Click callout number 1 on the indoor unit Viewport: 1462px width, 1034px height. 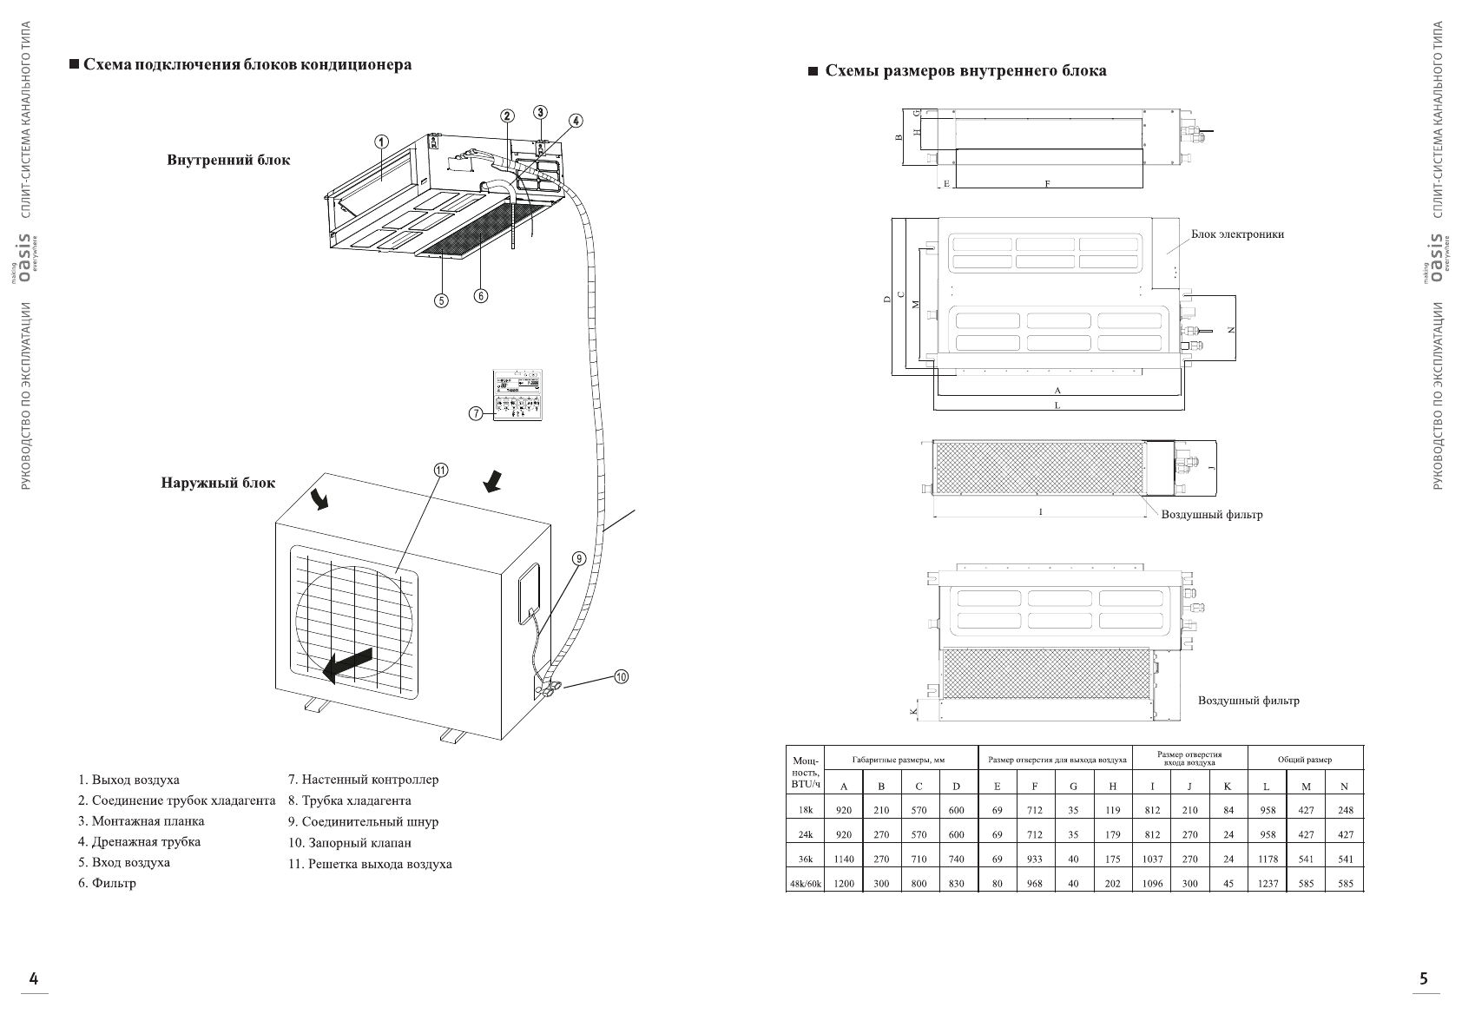380,142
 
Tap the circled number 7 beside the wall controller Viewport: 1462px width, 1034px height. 476,413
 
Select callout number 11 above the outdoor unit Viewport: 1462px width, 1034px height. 440,470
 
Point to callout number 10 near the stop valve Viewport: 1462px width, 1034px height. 621,676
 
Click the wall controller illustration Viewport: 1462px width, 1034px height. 518,397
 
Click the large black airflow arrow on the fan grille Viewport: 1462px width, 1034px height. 346,663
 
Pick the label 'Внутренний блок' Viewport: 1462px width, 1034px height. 228,161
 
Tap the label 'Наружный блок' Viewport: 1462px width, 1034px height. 217,483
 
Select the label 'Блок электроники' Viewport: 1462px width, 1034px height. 1237,234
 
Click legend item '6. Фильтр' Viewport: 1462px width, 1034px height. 107,883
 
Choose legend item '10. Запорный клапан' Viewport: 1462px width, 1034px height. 349,842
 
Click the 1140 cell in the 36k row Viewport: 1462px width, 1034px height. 843,859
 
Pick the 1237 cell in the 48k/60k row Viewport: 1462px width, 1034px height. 1267,884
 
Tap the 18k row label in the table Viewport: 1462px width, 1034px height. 805,810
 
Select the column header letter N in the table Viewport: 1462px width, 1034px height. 1344,787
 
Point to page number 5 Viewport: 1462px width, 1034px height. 1423,979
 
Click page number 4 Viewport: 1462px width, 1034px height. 34,979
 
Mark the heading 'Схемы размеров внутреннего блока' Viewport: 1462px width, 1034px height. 965,71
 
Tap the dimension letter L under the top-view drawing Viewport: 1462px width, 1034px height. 1057,405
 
